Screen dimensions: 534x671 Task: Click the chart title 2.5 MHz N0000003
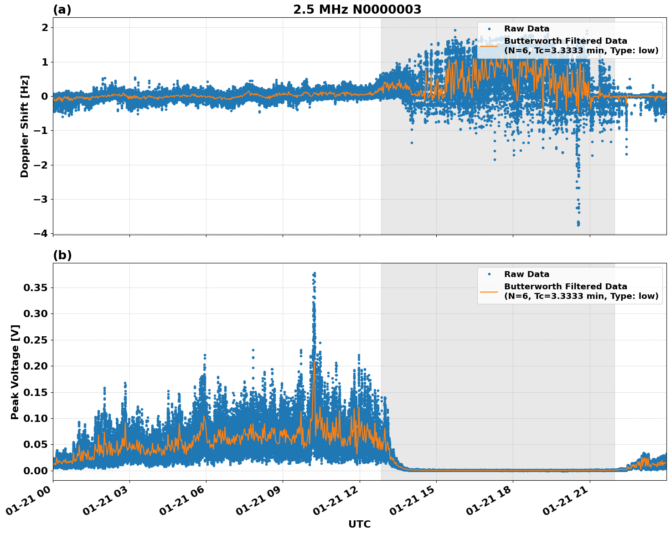pyautogui.click(x=357, y=10)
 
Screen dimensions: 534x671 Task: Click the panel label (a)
pyautogui.click(x=62, y=10)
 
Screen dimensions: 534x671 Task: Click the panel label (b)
pyautogui.click(x=62, y=255)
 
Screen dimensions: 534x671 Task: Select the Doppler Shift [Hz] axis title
pyautogui.click(x=25, y=126)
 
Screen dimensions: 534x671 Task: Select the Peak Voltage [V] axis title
pyautogui.click(x=15, y=372)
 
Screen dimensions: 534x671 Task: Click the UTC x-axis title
pyautogui.click(x=359, y=524)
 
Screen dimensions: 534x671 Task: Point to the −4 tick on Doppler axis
pyautogui.click(x=40, y=233)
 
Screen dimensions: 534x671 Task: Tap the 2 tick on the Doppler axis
pyautogui.click(x=45, y=28)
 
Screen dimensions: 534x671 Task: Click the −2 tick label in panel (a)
pyautogui.click(x=40, y=165)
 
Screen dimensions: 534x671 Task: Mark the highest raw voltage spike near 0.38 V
pyautogui.click(x=314, y=273)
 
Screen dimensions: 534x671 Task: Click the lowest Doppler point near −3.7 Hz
pyautogui.click(x=578, y=224)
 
